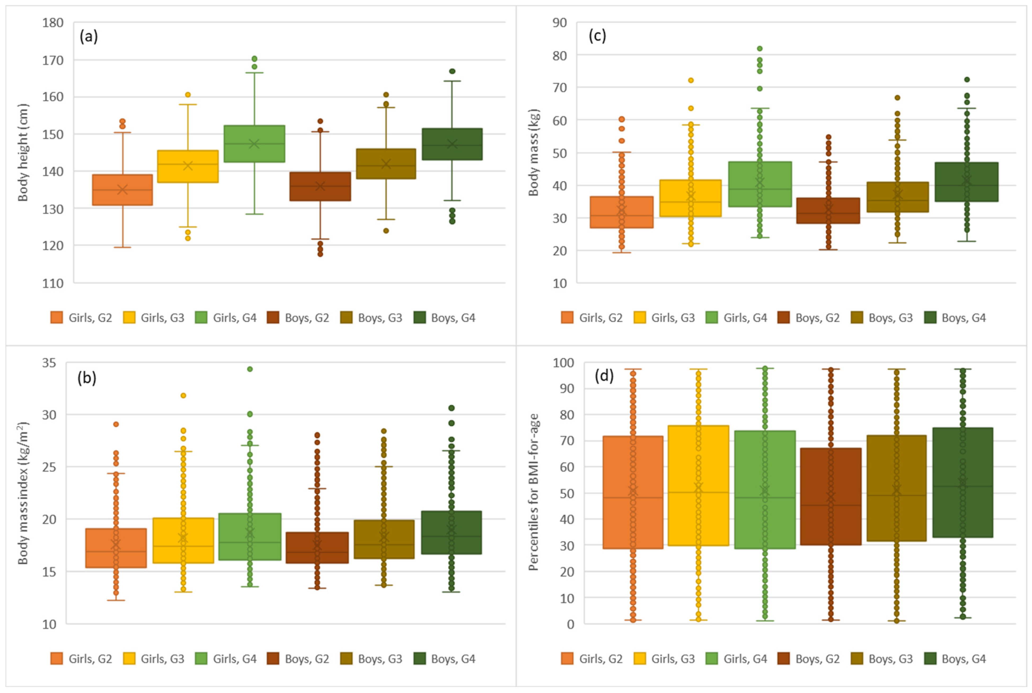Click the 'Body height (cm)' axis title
[23, 152]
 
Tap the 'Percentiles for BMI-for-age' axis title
[534, 492]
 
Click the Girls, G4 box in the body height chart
[254, 144]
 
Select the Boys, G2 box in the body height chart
[320, 187]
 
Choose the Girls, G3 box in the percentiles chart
[698, 485]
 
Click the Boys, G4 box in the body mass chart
[967, 182]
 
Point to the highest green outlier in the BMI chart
[250, 369]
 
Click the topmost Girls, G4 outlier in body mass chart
[760, 49]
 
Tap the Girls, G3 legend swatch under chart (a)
[129, 317]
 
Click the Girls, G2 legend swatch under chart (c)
[567, 317]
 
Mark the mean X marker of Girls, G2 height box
[122, 190]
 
